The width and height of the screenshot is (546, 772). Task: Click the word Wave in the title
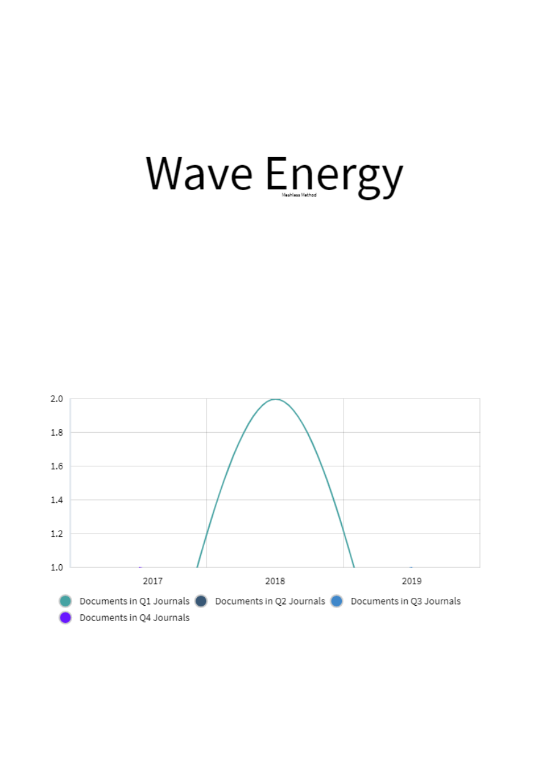click(x=199, y=173)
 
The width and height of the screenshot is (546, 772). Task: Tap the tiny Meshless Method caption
click(x=299, y=195)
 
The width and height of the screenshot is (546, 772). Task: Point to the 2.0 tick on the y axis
click(x=57, y=399)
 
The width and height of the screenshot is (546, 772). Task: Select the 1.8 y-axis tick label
click(x=57, y=433)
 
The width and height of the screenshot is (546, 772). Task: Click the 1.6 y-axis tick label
click(x=57, y=466)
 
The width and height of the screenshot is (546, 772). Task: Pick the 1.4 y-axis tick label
click(x=57, y=500)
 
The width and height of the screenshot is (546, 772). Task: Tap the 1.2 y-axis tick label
click(x=57, y=534)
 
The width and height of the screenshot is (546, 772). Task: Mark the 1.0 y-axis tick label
click(x=57, y=567)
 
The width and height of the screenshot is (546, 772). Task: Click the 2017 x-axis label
click(x=153, y=581)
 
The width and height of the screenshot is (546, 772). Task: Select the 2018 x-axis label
click(x=275, y=581)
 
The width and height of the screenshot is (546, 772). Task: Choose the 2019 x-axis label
click(x=411, y=581)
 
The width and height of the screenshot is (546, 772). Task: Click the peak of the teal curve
click(x=276, y=399)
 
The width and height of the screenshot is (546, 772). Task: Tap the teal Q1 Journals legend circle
click(x=65, y=601)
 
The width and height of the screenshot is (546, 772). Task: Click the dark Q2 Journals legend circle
click(x=201, y=601)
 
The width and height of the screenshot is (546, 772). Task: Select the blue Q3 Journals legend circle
click(x=336, y=601)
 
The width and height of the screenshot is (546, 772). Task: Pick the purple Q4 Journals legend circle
click(x=65, y=617)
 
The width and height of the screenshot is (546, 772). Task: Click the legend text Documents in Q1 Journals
click(x=135, y=601)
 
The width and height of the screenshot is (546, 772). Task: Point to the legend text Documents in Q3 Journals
click(x=405, y=601)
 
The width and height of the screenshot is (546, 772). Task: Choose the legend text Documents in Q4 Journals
click(x=135, y=617)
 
